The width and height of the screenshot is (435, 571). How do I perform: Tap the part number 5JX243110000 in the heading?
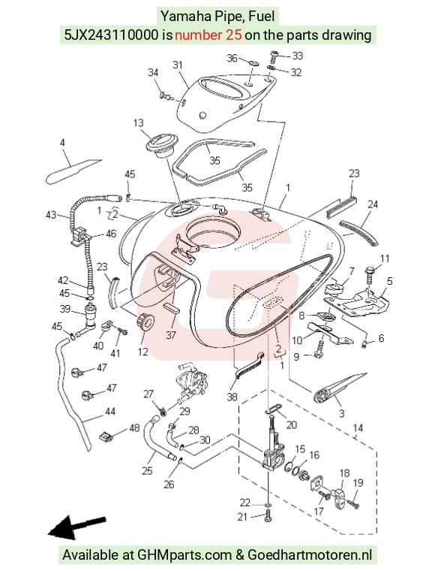[x=112, y=35]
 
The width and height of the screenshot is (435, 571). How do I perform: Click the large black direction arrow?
[x=76, y=527]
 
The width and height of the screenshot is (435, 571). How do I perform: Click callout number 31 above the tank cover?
[x=177, y=65]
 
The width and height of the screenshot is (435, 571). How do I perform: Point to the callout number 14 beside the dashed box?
[x=358, y=427]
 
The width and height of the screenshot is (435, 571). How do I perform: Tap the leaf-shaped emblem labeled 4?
[x=73, y=171]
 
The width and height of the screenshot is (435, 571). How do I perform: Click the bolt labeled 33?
[x=274, y=57]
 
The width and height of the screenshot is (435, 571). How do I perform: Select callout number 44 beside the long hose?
[x=110, y=412]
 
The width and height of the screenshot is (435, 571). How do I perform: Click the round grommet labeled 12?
[x=145, y=322]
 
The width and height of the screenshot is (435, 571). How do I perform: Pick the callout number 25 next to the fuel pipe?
[x=147, y=471]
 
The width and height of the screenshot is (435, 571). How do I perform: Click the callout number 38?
[x=232, y=397]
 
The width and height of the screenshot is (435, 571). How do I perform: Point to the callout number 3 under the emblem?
[x=341, y=413]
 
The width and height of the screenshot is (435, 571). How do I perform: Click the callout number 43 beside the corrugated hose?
[x=51, y=215]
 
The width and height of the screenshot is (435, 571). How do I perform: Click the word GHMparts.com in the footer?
[x=184, y=555]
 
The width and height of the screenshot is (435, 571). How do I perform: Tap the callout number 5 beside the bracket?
[x=389, y=281]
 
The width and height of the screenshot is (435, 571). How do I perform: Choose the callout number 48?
[x=134, y=427]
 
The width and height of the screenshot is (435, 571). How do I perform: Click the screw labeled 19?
[x=353, y=503]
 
